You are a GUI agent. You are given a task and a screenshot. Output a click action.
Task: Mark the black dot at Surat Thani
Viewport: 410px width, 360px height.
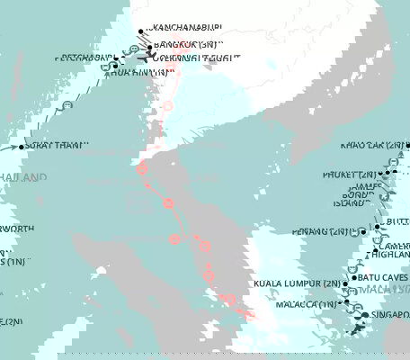(x=20, y=146)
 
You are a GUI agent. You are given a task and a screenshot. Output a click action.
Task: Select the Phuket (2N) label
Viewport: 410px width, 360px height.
(x=345, y=175)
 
